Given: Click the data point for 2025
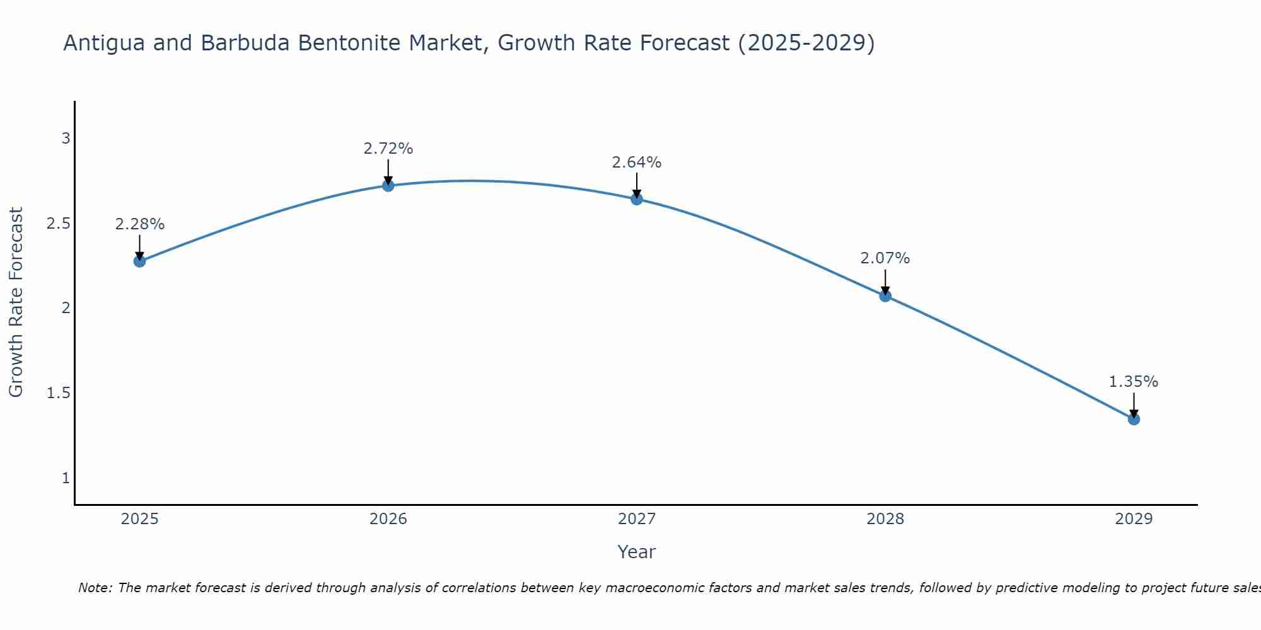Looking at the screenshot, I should (139, 261).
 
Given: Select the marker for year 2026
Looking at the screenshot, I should (388, 185).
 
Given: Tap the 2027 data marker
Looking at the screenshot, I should (637, 199).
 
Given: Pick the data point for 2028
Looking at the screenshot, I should (885, 296).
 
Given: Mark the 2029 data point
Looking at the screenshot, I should (1134, 419).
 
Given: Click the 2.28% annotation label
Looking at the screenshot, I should (139, 224).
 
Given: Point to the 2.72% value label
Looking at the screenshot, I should (388, 149).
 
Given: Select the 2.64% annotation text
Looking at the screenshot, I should (637, 163).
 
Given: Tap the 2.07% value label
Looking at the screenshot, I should (885, 258).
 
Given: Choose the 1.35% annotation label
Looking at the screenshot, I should (1134, 382).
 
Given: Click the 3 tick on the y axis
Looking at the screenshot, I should (66, 138).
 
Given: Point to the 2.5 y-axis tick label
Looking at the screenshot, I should (59, 224).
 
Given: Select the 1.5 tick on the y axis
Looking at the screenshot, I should (59, 393).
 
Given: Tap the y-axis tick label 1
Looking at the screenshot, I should (66, 478).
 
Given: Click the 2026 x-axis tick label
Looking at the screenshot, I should (388, 519).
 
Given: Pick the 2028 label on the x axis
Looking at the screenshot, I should (885, 519).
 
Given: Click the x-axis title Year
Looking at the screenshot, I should (637, 552).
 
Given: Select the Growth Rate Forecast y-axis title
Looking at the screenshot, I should (16, 302).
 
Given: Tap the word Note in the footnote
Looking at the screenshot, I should (95, 588).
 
